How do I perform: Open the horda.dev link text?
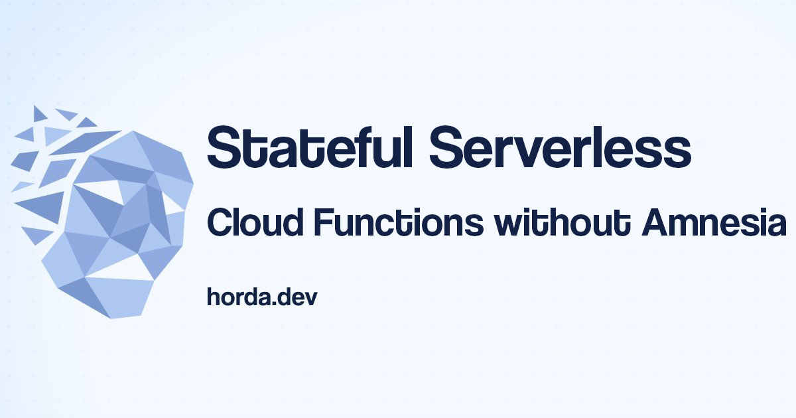pos(262,297)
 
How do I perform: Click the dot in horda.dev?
pos(277,304)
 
